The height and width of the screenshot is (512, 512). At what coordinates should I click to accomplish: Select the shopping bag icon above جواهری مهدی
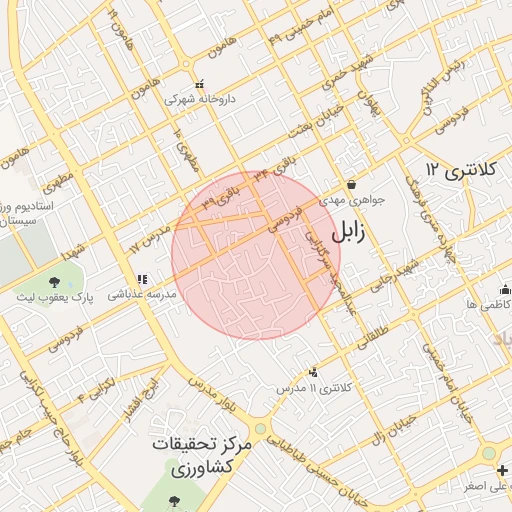[x=351, y=184]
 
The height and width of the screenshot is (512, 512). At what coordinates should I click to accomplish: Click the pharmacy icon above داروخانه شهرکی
[x=200, y=84]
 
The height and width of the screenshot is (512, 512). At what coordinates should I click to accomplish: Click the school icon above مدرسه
[x=142, y=278]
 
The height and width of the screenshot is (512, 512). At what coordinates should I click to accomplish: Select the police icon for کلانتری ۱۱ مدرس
[x=316, y=371]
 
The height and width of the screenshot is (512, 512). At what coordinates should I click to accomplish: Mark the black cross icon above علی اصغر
[x=488, y=452]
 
